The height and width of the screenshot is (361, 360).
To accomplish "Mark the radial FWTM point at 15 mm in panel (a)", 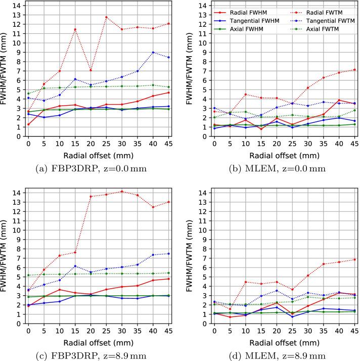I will coord(75,29).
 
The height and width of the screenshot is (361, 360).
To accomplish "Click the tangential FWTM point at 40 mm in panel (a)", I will coord(153,52).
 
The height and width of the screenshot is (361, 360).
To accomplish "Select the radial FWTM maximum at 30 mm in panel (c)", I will coord(122,191).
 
